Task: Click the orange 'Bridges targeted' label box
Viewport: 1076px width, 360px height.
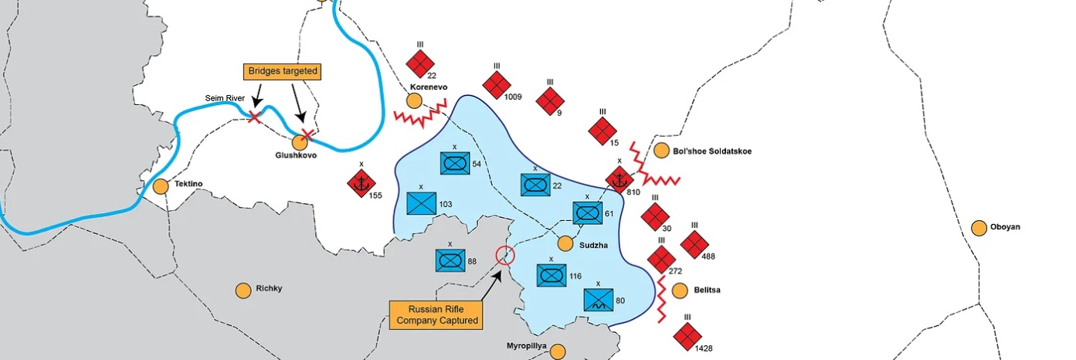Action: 283,71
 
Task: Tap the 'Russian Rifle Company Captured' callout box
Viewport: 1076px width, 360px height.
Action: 436,315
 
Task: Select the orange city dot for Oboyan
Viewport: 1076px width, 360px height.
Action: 979,228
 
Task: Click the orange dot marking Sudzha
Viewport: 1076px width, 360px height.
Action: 565,243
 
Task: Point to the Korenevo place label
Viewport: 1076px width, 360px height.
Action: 429,87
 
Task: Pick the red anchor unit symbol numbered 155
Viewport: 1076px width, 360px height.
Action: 361,183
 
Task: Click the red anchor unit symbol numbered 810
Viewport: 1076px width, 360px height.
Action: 619,180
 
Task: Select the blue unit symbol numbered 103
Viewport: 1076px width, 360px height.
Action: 421,203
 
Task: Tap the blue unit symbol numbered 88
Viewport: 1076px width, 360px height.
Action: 450,260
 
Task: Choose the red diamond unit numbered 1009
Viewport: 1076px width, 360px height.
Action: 497,85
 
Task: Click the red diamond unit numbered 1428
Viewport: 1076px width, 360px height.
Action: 687,337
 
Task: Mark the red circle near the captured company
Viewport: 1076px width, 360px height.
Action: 505,255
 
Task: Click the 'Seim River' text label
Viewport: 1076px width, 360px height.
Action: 225,98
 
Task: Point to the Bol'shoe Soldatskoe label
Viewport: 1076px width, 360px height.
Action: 712,151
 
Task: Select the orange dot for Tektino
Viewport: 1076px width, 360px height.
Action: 161,186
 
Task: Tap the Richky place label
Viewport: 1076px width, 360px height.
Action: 269,288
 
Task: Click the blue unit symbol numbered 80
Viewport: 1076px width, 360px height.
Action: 599,300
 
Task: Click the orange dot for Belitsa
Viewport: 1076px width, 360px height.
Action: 680,290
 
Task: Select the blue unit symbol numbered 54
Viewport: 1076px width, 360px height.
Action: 455,164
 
